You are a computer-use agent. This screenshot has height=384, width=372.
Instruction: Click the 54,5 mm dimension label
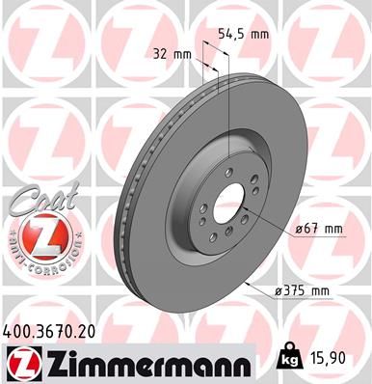(x=240, y=33)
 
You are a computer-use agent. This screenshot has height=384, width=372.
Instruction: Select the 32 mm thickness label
(x=172, y=54)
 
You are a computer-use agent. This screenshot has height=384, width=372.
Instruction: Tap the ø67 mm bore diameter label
(x=317, y=229)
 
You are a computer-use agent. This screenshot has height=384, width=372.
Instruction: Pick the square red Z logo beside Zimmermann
(x=22, y=363)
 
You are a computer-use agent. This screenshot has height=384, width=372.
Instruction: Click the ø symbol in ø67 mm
(x=293, y=229)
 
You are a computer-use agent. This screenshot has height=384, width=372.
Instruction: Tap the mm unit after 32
(x=184, y=54)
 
